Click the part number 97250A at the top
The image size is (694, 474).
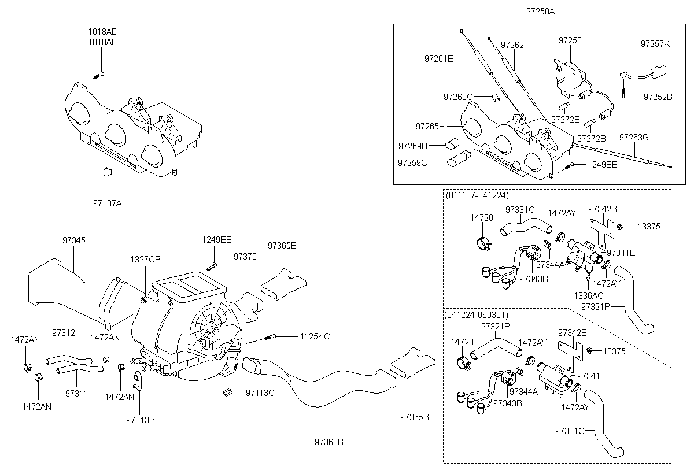tap(541, 12)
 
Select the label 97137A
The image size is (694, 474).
tap(107, 203)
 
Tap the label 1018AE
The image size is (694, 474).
tap(102, 42)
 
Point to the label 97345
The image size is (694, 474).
tap(74, 240)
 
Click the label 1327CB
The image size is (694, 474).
tap(146, 260)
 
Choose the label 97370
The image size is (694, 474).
tap(245, 257)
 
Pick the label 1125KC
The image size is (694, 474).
tap(315, 336)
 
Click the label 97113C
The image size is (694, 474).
tap(260, 393)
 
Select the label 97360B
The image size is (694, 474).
tap(329, 442)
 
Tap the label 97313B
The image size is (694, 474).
tap(141, 420)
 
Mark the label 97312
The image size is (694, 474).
tap(64, 333)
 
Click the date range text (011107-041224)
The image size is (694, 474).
tap(477, 195)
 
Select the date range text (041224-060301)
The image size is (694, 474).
tap(476, 315)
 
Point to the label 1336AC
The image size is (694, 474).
tap(589, 295)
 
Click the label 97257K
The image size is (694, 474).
tap(655, 44)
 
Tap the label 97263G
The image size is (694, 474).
tap(634, 138)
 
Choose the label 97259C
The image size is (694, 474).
tap(412, 163)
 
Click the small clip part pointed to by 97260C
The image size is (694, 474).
tap(496, 98)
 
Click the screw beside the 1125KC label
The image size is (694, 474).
tap(270, 336)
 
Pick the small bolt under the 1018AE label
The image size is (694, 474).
tap(98, 75)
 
